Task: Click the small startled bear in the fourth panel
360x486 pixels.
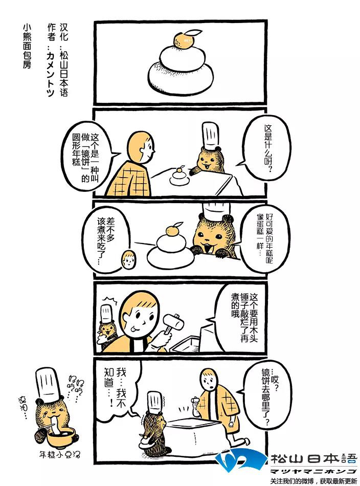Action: (107, 327)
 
